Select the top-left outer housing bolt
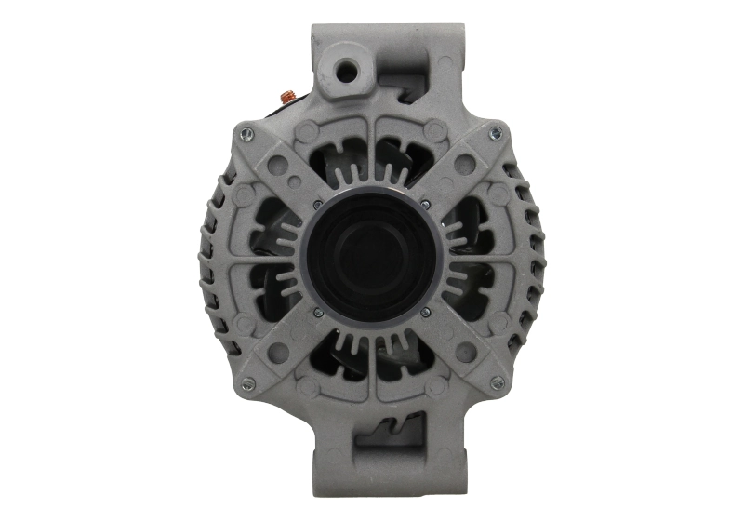click(246, 134)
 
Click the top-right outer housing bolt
click(496, 131)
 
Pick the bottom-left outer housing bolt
click(247, 383)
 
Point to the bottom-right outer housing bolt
click(497, 382)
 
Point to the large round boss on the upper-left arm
click(277, 165)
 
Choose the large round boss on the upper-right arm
click(466, 165)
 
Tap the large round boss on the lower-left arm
click(277, 352)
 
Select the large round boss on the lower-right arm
click(466, 352)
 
